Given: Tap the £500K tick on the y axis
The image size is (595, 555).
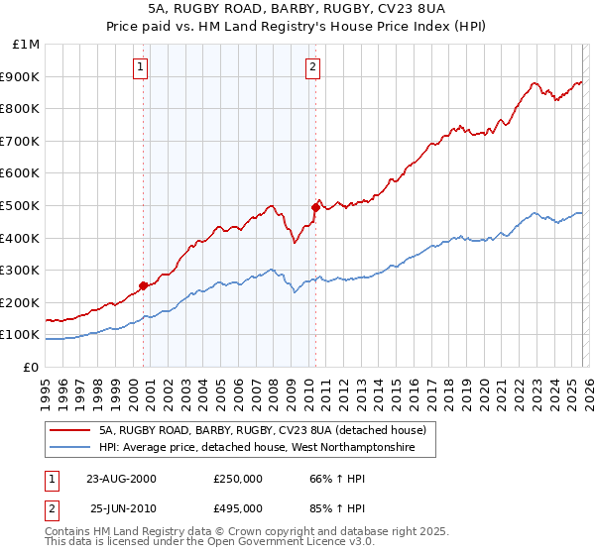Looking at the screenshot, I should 21,205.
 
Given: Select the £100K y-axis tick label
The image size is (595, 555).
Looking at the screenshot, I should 21,335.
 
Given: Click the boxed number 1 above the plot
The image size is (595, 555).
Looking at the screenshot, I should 140,67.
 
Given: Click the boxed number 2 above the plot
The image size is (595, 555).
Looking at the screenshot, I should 312,67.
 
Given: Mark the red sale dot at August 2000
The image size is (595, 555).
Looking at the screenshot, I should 144,285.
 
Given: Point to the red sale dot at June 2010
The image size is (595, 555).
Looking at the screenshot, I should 316,207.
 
